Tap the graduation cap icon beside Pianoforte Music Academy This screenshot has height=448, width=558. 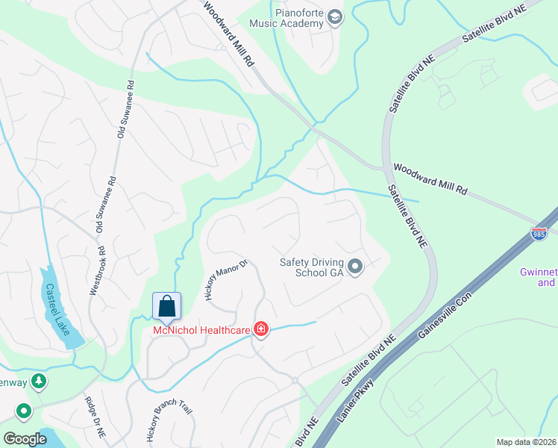point(334,18)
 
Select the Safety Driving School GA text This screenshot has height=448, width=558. point(311,267)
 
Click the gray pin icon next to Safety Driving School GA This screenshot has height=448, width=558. point(355,266)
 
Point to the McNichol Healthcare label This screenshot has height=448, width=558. point(202,329)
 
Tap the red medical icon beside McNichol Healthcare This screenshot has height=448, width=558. point(260,329)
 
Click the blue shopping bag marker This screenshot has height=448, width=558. point(166,307)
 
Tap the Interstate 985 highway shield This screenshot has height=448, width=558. point(540,234)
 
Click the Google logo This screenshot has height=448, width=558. point(25,438)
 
